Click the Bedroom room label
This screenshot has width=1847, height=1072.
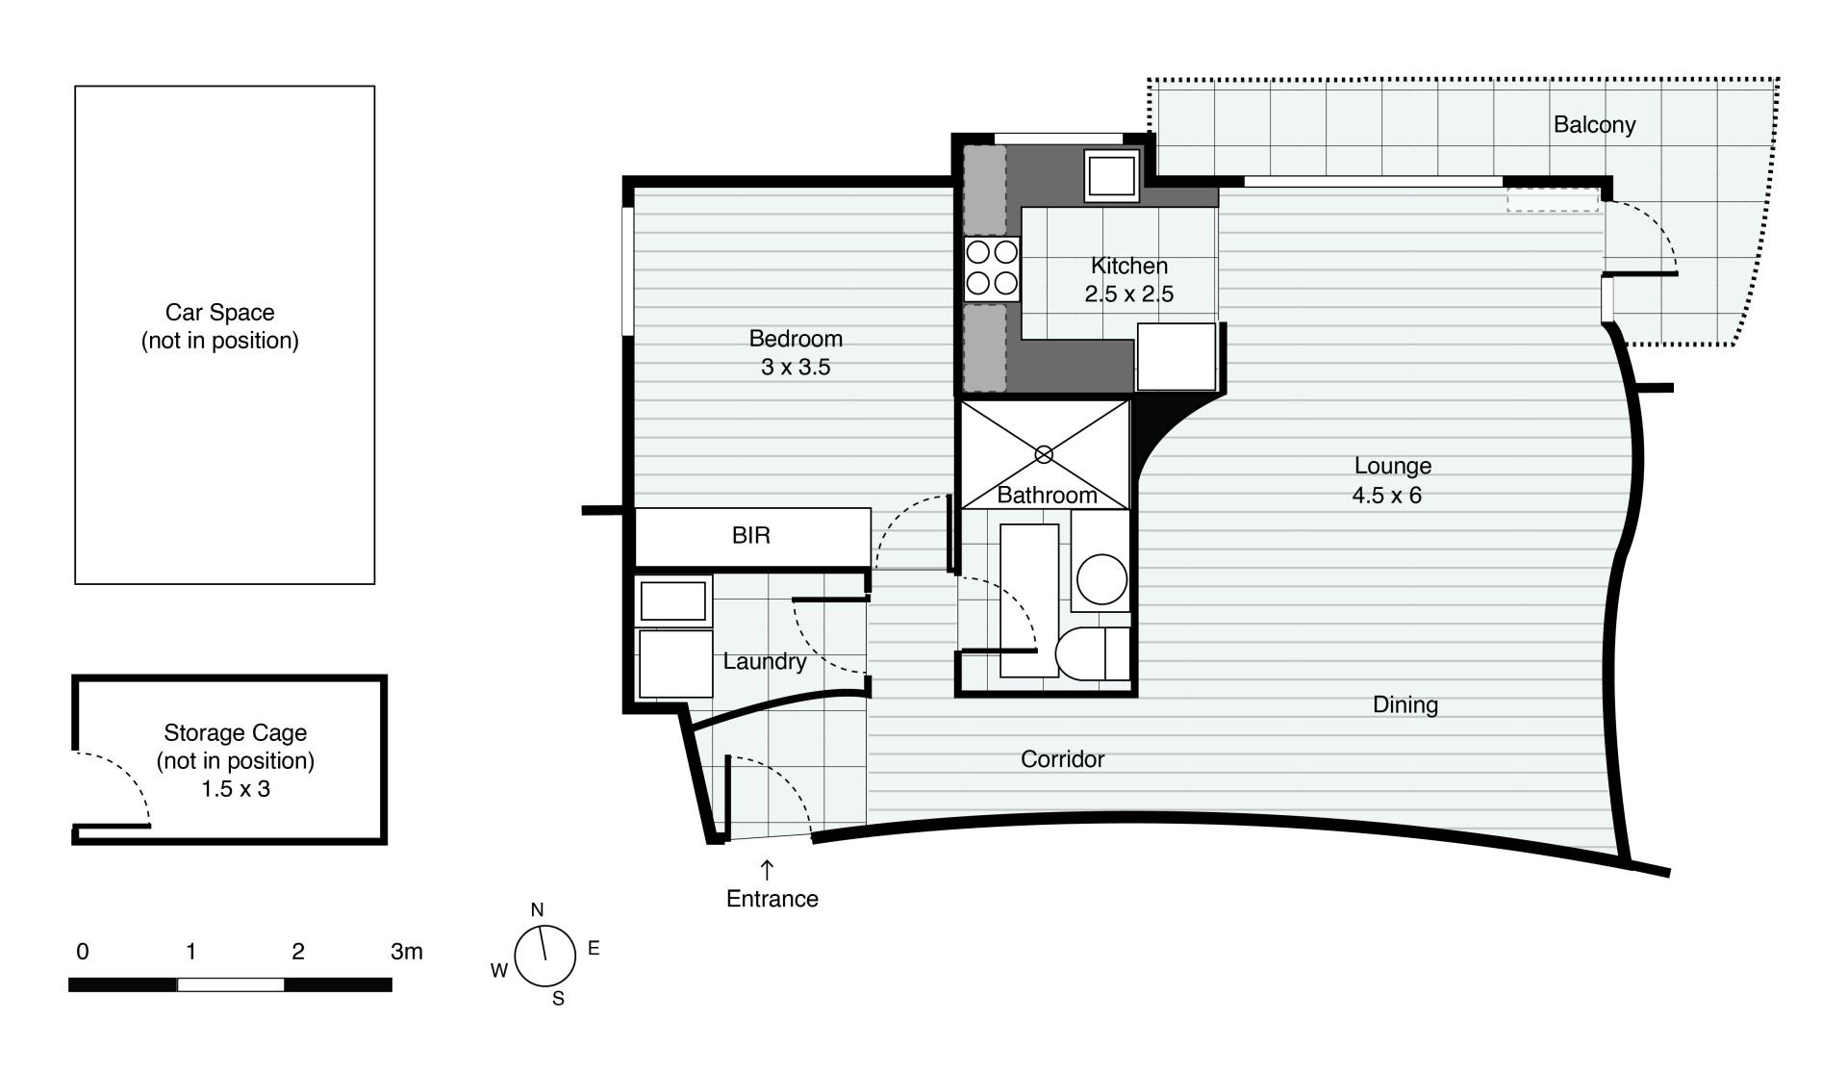[x=796, y=339]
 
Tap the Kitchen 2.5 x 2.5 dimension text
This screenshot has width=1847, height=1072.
[x=1129, y=294]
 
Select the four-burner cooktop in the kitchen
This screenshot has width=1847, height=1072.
[x=992, y=268]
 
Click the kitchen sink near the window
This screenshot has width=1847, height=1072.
[x=1112, y=175]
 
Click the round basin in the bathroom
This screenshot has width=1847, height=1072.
[x=1101, y=580]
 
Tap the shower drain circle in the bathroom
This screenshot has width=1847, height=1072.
[x=1044, y=454]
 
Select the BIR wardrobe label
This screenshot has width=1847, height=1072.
[x=751, y=536]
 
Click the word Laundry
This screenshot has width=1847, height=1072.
[x=765, y=662]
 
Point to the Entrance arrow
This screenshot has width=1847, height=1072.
[x=767, y=870]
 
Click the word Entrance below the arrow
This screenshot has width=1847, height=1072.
[x=772, y=899]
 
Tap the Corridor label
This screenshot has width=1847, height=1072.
[x=1063, y=759]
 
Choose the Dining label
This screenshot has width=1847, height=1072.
[x=1405, y=705]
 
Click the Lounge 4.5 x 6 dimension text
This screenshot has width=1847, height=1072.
[x=1387, y=496]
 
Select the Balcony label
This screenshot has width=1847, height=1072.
[x=1595, y=125]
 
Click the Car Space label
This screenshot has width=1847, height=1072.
[x=220, y=313]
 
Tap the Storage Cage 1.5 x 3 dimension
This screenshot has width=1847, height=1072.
[x=236, y=789]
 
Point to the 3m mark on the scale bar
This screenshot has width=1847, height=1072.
[x=407, y=952]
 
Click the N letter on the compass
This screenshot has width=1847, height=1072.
[x=538, y=909]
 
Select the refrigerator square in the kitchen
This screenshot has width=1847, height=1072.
[x=1177, y=356]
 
